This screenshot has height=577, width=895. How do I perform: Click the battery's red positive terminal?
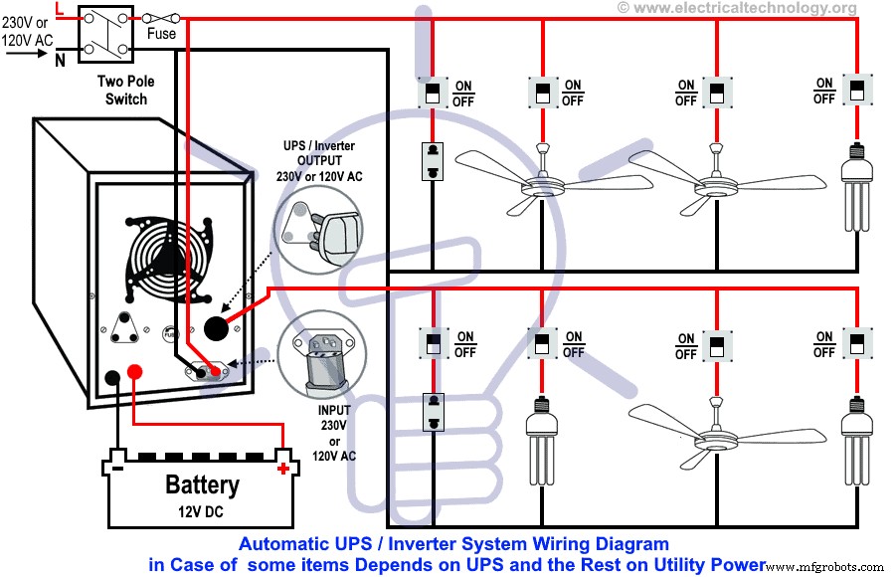pyautogui.click(x=284, y=467)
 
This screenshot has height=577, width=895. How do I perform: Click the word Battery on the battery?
pyautogui.click(x=202, y=485)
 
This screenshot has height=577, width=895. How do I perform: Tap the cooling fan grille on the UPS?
pyautogui.click(x=167, y=258)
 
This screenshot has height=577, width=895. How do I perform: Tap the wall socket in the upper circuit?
pyautogui.click(x=433, y=161)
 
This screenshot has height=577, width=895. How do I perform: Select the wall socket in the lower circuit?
pyautogui.click(x=433, y=412)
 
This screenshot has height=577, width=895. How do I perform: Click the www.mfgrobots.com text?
pyautogui.click(x=829, y=566)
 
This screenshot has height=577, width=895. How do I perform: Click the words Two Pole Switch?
pyautogui.click(x=125, y=91)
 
